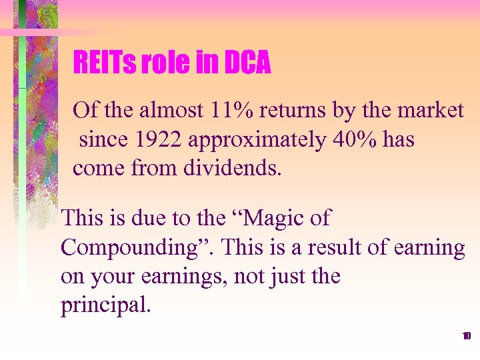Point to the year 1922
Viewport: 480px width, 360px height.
click(x=154, y=139)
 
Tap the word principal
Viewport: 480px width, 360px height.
click(x=106, y=305)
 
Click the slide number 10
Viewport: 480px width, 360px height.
click(x=467, y=335)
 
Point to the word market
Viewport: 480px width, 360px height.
click(x=431, y=110)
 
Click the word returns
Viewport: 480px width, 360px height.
click(x=291, y=110)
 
